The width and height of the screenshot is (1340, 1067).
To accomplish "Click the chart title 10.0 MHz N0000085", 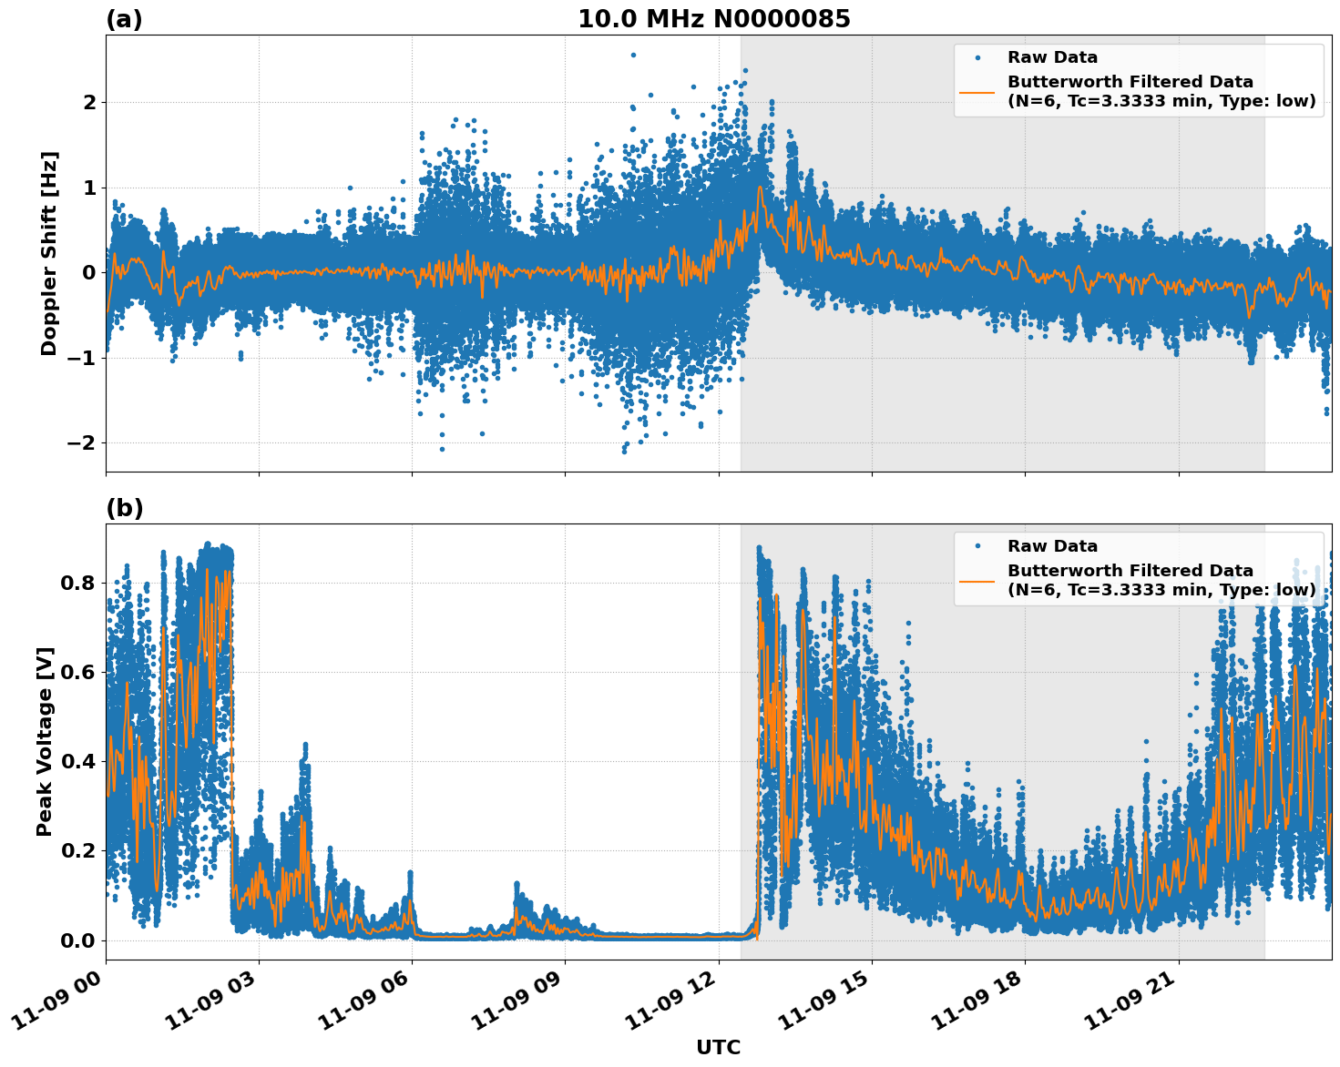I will [713, 19].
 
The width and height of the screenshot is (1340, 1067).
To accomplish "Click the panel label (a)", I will [124, 19].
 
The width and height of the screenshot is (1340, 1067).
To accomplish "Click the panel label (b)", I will [124, 508].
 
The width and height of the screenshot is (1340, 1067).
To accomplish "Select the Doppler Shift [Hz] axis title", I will [49, 253].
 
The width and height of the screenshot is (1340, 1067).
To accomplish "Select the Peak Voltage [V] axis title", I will [45, 741].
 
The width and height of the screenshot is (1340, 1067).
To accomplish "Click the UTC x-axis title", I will [718, 1047].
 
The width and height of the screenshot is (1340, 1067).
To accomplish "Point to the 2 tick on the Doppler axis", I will [89, 102].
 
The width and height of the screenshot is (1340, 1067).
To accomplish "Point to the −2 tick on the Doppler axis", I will [82, 442].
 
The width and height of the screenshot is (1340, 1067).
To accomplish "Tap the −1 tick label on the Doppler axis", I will [82, 358].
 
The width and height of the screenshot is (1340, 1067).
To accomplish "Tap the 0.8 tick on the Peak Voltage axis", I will [77, 583].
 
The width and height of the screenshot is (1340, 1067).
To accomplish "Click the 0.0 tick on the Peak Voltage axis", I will [77, 940].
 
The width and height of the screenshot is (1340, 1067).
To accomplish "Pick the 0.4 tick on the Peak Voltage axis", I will [77, 761].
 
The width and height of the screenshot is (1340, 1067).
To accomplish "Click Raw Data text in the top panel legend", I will [1052, 57].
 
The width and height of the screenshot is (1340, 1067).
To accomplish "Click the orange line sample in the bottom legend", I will [977, 581].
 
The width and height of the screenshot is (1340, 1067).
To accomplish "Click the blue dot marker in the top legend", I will [977, 57].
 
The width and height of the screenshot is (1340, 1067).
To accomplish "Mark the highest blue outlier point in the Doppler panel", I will [633, 55].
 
